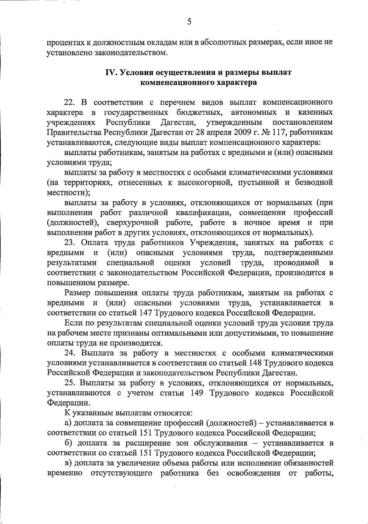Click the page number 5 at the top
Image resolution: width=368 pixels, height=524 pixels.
tap(189, 21)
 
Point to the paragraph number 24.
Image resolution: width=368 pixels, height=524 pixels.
tap(70, 353)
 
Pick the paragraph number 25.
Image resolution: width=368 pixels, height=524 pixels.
tap(70, 383)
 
